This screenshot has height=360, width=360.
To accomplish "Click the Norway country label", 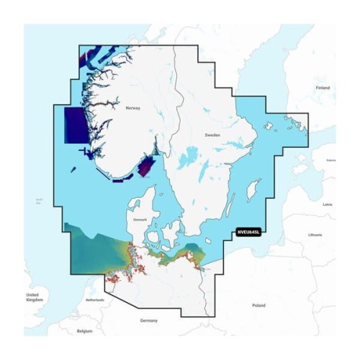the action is coord(133,108).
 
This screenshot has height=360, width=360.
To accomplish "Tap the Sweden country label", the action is coord(212,135).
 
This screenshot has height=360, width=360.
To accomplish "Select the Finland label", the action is coord(323,88).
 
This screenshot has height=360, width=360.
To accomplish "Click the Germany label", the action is coord(149,319).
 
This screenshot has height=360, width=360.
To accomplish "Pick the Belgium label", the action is coord(85,332).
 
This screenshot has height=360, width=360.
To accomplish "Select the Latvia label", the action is coord(328,204).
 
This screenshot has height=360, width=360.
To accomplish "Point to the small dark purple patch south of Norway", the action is coord(146,166).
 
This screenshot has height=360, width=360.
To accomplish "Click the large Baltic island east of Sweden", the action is coord(252,190).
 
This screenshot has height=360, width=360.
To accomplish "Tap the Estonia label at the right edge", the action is coord(330,160).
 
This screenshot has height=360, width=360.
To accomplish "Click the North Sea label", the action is coord(40,201).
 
